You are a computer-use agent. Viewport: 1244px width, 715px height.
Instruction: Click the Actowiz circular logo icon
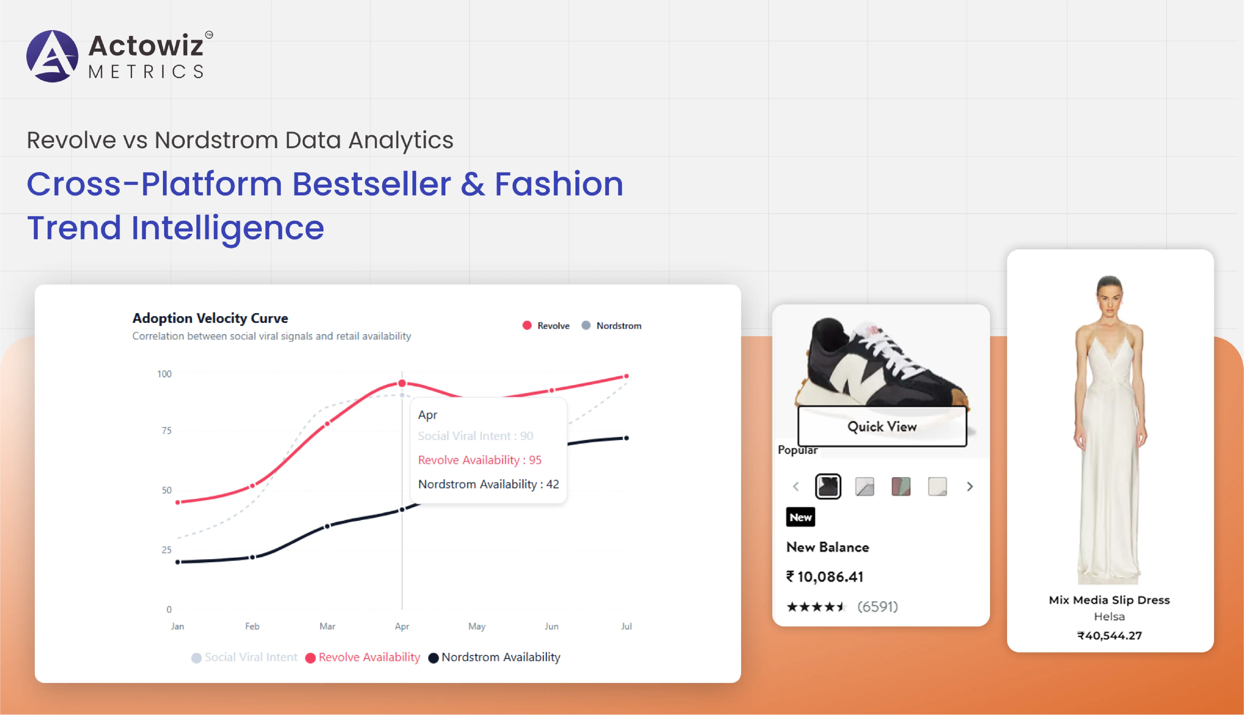click(x=52, y=56)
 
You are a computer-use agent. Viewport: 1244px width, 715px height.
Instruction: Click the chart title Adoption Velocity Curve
click(x=210, y=318)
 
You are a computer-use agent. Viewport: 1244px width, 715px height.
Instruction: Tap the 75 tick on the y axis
click(x=167, y=431)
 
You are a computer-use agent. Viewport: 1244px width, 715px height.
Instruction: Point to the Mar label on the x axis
click(x=328, y=626)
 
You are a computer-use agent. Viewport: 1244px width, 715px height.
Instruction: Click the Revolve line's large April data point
click(x=402, y=383)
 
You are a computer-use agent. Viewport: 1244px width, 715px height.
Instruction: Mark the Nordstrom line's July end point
click(x=626, y=438)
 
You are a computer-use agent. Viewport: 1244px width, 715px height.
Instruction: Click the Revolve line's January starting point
click(x=178, y=502)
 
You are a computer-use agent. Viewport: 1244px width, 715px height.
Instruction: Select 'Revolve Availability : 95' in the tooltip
click(x=480, y=460)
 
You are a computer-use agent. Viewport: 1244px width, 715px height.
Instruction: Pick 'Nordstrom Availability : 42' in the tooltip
click(x=488, y=484)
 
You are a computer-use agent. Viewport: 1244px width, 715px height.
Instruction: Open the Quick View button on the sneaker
click(x=882, y=426)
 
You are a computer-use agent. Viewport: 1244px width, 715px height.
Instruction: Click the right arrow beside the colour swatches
click(x=970, y=487)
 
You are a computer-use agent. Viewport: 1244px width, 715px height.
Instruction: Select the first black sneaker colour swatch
click(x=828, y=487)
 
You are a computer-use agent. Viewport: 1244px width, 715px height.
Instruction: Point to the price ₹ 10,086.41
click(x=825, y=577)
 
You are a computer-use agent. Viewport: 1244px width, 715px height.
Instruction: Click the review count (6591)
click(x=878, y=607)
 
